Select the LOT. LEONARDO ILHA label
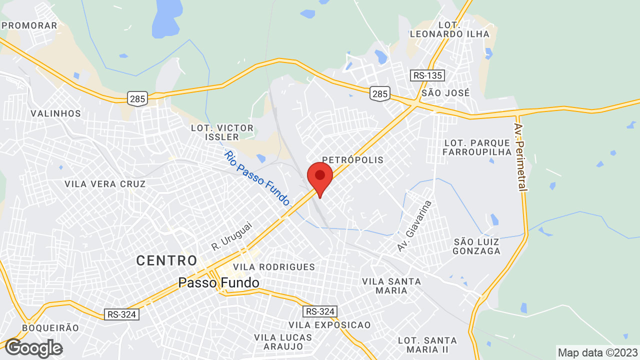pyautogui.click(x=449, y=29)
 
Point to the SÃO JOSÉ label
pyautogui.click(x=445, y=92)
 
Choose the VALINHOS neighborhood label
pyautogui.click(x=55, y=113)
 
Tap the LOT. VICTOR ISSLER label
pyautogui.click(x=222, y=132)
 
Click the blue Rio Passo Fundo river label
pyautogui.click(x=257, y=178)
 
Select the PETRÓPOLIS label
pyautogui.click(x=352, y=160)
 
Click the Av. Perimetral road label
pyautogui.click(x=520, y=157)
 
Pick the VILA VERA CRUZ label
pyautogui.click(x=105, y=184)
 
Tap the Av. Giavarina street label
pyautogui.click(x=414, y=225)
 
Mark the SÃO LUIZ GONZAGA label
pyautogui.click(x=476, y=246)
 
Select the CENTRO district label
pyautogui.click(x=167, y=260)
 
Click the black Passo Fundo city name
pyautogui.click(x=218, y=283)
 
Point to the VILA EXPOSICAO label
pyautogui.click(x=329, y=325)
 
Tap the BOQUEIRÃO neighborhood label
pyautogui.click(x=50, y=328)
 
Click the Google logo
pyautogui.click(x=33, y=348)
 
